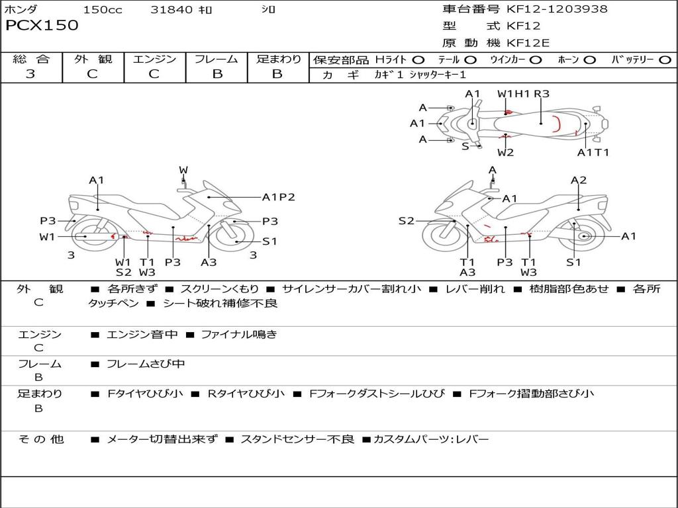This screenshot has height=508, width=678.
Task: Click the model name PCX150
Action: (x=42, y=26)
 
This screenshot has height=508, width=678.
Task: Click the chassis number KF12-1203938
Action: (x=557, y=9)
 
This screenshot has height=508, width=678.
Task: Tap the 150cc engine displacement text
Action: (x=103, y=10)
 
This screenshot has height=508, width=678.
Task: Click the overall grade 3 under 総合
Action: (x=30, y=74)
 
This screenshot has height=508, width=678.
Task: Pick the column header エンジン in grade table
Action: (x=154, y=60)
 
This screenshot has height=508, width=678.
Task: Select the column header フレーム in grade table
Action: (x=217, y=60)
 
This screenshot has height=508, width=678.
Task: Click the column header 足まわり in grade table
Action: (x=278, y=60)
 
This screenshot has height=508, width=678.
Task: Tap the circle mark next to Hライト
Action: (x=418, y=60)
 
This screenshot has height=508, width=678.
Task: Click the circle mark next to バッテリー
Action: (x=665, y=60)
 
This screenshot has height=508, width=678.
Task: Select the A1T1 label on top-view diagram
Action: (x=593, y=153)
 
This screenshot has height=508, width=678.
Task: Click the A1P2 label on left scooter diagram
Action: (x=278, y=196)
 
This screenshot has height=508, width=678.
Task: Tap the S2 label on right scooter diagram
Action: (x=406, y=221)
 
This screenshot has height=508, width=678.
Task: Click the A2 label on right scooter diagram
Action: (x=579, y=180)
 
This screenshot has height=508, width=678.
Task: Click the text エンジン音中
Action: (x=142, y=335)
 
